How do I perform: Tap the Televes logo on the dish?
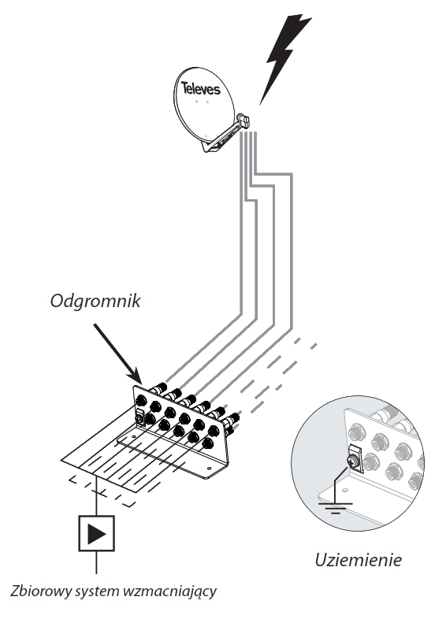(x=201, y=88)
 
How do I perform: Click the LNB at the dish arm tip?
(x=244, y=120)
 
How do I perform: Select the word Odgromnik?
(x=95, y=301)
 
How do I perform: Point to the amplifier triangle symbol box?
(x=97, y=533)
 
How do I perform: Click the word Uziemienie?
(x=359, y=560)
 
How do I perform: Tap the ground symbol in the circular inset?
(x=335, y=506)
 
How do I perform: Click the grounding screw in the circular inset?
(x=351, y=460)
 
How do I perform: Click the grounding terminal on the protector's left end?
(x=139, y=417)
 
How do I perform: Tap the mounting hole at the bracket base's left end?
(x=133, y=436)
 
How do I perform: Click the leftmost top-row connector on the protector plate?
(x=139, y=402)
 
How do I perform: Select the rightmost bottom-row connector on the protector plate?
(x=206, y=443)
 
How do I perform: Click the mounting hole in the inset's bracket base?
(x=345, y=490)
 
